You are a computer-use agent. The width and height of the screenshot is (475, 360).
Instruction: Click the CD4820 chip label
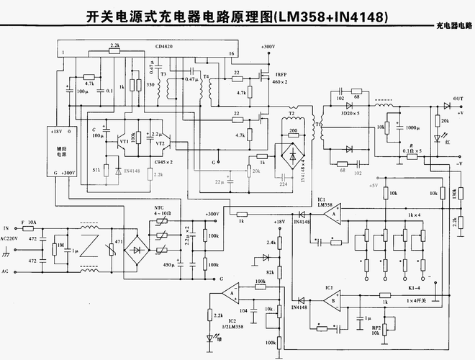pyautogui.click(x=164, y=46)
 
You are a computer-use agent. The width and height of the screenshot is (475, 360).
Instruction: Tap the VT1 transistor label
pyautogui.click(x=124, y=142)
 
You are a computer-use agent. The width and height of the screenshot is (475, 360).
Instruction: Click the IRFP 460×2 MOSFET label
pyautogui.click(x=279, y=78)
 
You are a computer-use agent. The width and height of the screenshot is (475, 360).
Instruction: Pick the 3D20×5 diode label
pyautogui.click(x=350, y=114)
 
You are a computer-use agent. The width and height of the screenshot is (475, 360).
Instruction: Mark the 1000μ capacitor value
pyautogui.click(x=412, y=127)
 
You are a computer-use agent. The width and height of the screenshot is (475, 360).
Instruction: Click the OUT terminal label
pyautogui.click(x=458, y=99)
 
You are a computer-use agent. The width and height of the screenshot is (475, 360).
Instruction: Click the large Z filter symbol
pyautogui.click(x=89, y=246)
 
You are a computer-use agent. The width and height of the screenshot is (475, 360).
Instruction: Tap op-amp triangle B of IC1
pyautogui.click(x=330, y=299)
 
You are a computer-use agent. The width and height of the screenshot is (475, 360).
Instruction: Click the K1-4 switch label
pyautogui.click(x=413, y=287)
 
